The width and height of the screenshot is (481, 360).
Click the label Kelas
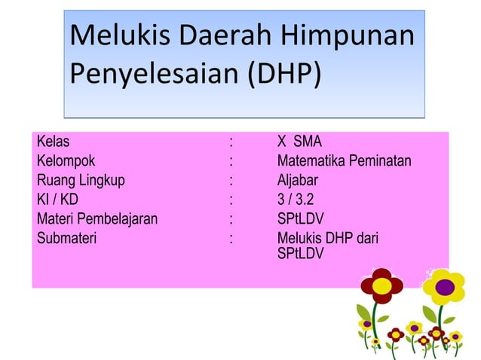coord(53,141)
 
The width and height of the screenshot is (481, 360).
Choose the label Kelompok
coord(66,160)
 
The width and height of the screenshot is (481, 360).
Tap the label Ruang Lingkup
coord(81,180)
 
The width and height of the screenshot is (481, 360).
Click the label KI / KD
coord(57,200)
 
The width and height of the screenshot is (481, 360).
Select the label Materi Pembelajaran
coord(97,219)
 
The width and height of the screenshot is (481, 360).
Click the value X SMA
coord(299,141)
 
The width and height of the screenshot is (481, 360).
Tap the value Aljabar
coord(297,180)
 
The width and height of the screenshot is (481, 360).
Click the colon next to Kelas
coord(231,141)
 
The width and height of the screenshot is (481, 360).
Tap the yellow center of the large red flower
coord(382,285)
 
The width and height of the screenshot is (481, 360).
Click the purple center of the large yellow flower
coord(446,286)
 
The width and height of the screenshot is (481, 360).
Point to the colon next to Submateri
coord(231,239)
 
